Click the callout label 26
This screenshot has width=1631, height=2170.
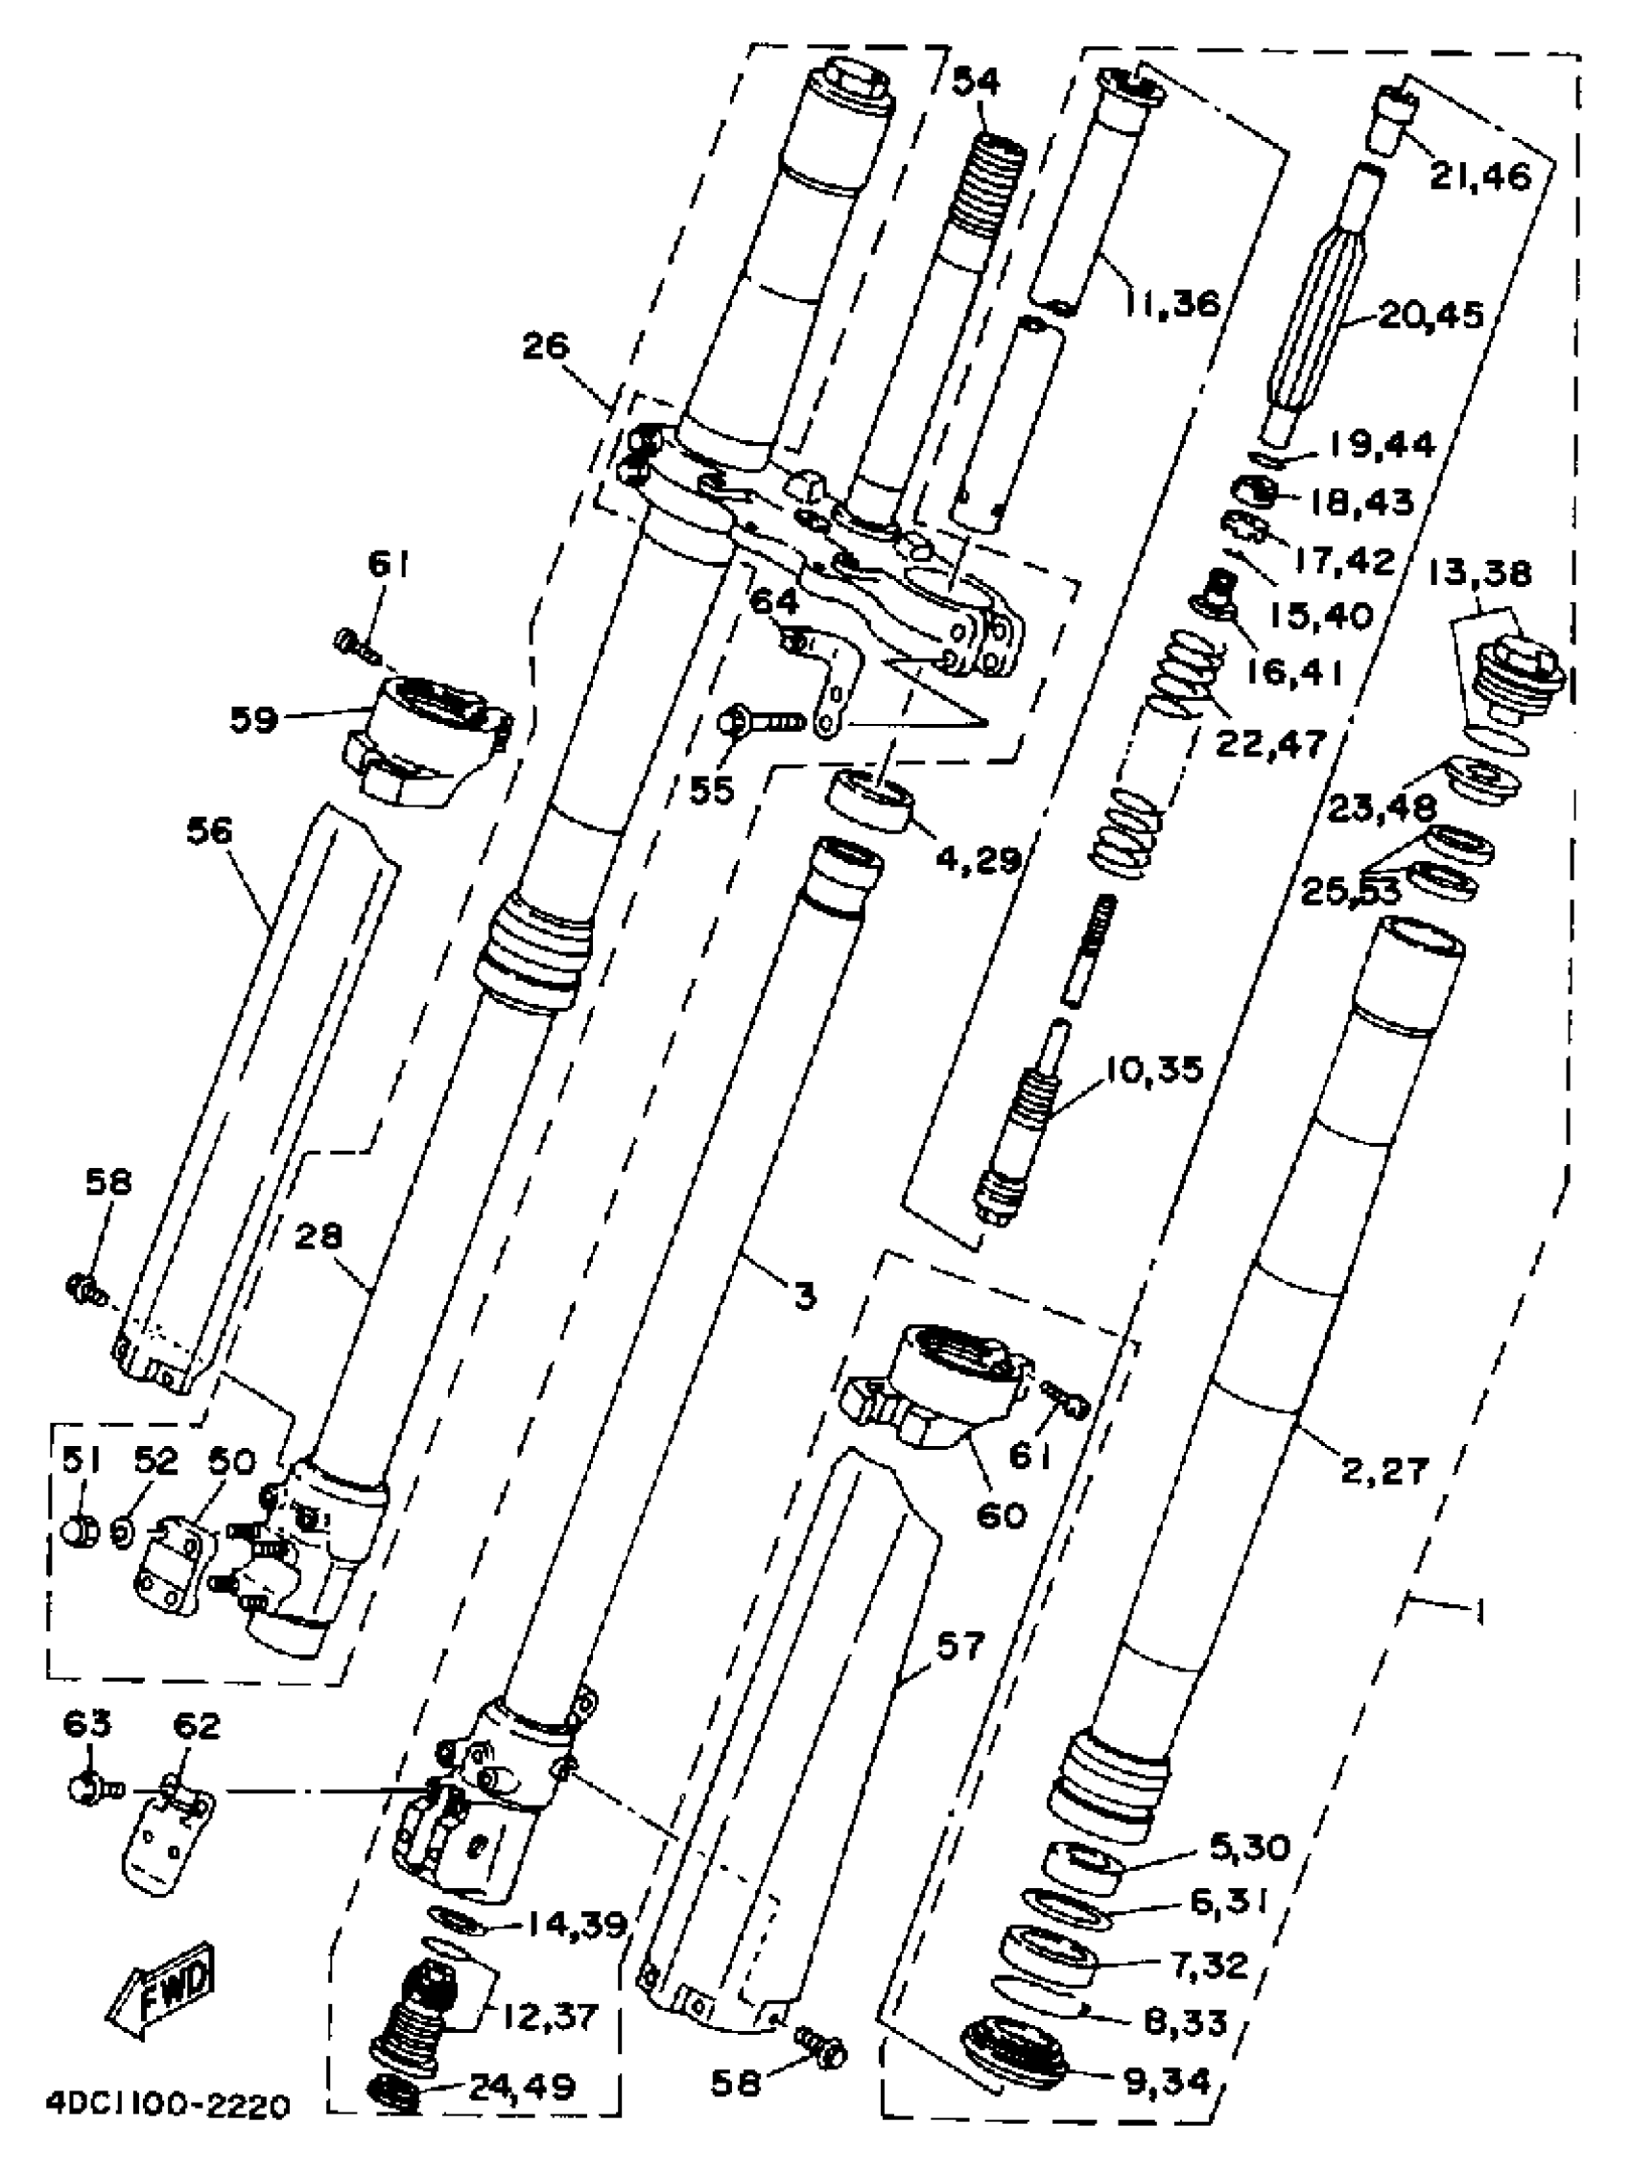coord(546,345)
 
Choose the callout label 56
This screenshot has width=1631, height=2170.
coord(209,832)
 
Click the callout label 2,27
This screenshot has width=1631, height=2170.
coord(1384,1472)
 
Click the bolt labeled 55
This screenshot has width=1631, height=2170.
coord(761,724)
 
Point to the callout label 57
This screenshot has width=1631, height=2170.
coord(958,1645)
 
